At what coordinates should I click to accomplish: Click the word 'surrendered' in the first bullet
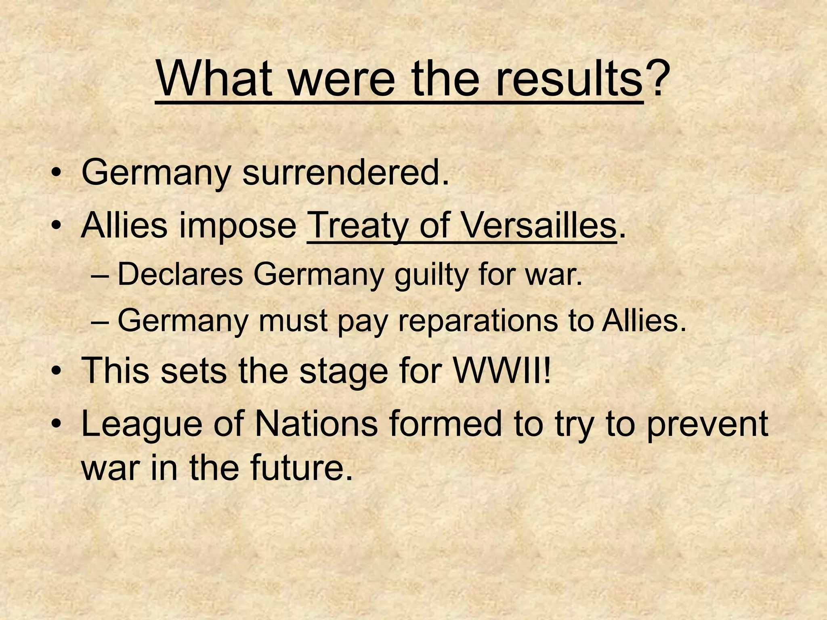click(346, 173)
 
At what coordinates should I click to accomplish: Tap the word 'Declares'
click(180, 274)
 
